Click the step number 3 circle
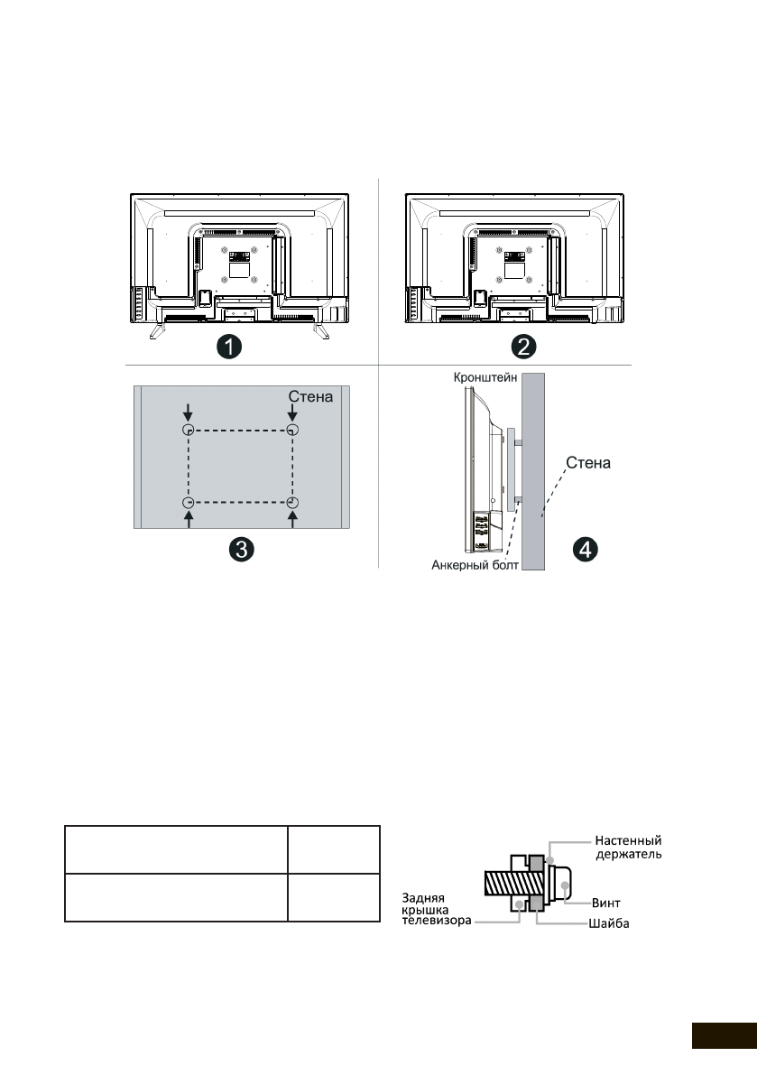tap(240, 550)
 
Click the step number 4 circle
tap(587, 548)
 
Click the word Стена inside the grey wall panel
tap(312, 395)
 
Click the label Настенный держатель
tap(629, 848)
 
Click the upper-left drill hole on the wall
tap(188, 430)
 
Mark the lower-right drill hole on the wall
tap(292, 502)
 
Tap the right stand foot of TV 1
tap(319, 331)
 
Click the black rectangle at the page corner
tap(724, 1035)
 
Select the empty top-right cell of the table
tap(333, 848)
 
